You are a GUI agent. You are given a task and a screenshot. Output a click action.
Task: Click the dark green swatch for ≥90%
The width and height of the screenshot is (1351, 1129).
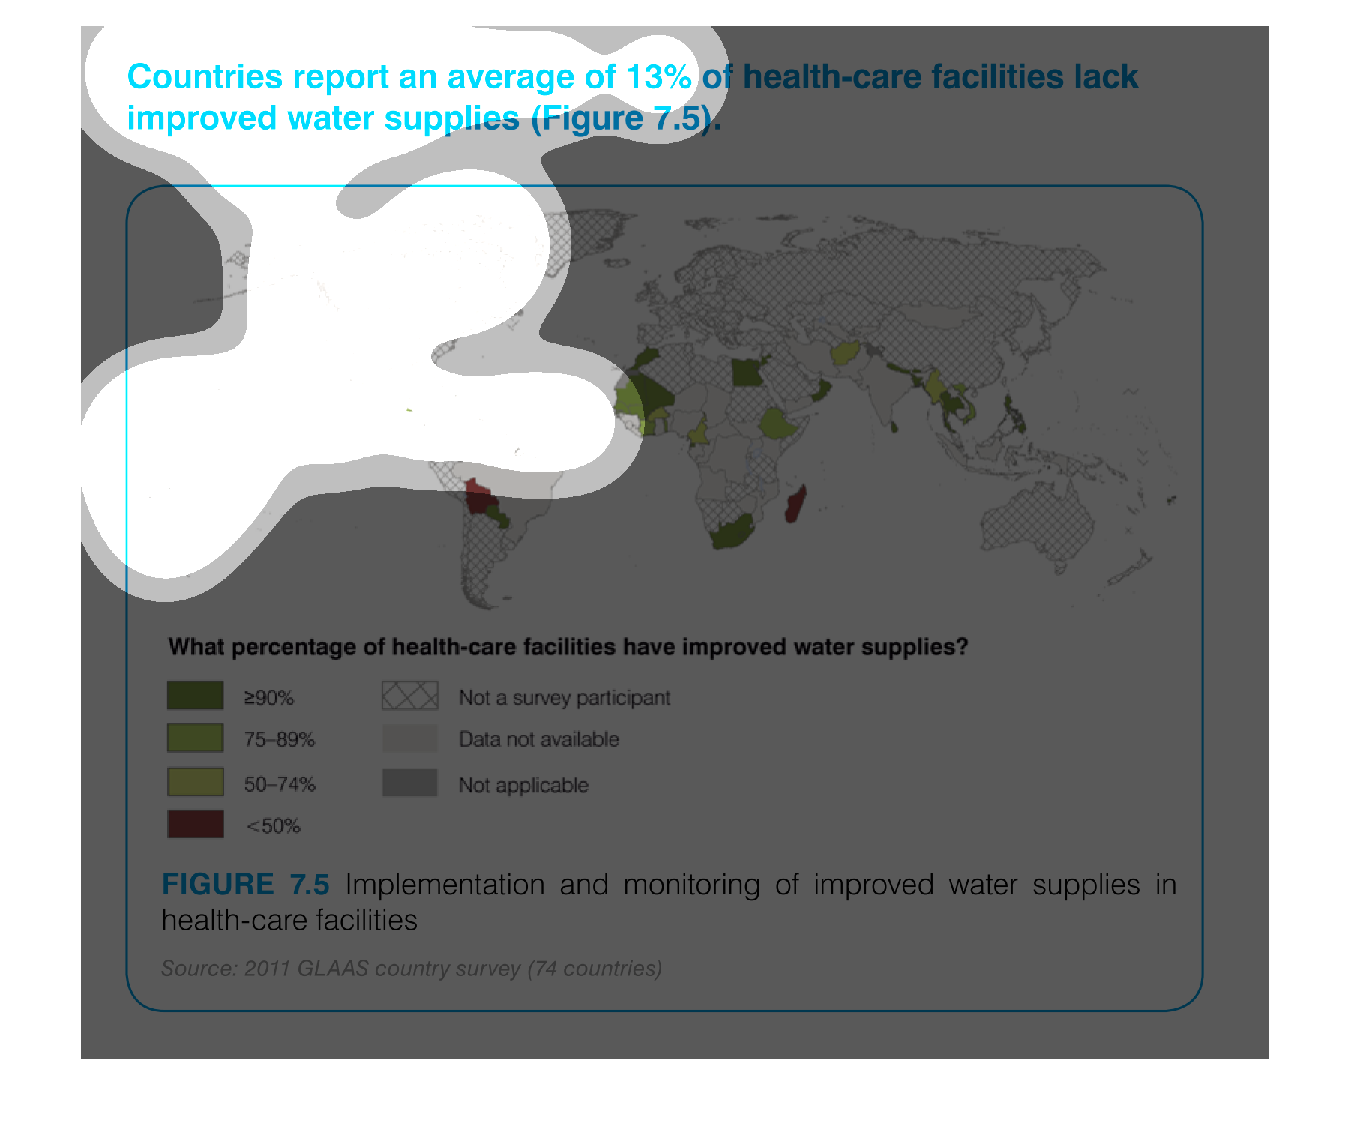(195, 695)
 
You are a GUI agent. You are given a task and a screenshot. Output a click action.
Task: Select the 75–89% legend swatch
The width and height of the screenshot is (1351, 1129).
(195, 738)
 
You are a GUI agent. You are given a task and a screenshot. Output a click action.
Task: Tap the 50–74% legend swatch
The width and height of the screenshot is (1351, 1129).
(195, 782)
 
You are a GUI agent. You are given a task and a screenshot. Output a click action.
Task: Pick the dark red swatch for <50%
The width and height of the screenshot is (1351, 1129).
(195, 824)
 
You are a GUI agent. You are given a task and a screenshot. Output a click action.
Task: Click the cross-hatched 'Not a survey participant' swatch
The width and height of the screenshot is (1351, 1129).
(409, 696)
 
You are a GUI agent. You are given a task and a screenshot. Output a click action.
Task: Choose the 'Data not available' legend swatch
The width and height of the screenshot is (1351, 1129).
(409, 738)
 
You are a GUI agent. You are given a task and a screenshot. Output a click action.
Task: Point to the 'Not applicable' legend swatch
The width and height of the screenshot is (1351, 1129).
(409, 783)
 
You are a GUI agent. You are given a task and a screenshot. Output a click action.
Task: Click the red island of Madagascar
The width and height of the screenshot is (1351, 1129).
(796, 504)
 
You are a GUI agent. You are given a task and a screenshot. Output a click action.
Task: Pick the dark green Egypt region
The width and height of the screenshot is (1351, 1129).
(747, 372)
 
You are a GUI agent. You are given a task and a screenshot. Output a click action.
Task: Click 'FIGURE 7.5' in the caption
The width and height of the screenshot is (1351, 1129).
(246, 885)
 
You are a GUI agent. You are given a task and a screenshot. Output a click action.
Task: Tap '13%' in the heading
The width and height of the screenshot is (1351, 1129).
(658, 76)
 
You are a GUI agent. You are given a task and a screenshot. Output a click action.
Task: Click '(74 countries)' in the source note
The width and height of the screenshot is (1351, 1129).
(595, 969)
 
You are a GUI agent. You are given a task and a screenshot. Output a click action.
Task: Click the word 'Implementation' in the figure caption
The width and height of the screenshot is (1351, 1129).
(445, 885)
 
